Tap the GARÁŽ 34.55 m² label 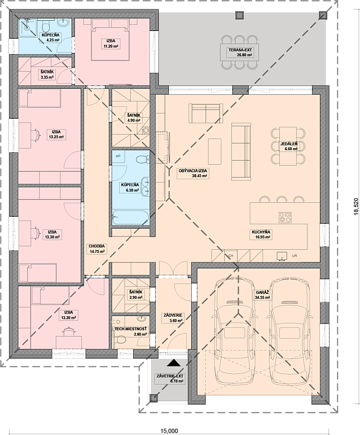262,295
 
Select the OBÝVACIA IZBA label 193,171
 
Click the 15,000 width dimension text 169,431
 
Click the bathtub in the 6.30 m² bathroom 130,217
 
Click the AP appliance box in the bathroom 118,156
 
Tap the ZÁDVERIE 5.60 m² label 173,318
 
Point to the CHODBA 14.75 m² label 97,249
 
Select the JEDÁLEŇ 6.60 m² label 289,146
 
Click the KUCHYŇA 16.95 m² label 261,234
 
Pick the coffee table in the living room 215,152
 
